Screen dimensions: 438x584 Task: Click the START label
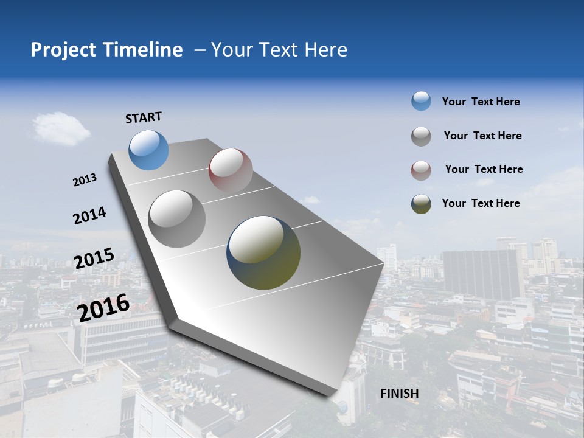(144, 117)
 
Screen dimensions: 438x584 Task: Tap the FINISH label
(399, 394)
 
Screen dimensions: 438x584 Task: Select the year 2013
(85, 179)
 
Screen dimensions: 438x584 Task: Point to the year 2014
(89, 215)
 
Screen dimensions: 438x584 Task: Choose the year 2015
(94, 259)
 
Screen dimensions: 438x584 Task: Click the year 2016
(103, 307)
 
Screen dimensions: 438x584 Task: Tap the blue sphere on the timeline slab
(148, 150)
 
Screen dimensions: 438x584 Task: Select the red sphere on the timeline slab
(231, 170)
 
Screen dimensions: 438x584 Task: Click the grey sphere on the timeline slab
(177, 218)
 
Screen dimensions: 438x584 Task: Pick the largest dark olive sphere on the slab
(263, 252)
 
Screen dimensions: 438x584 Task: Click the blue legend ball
(421, 101)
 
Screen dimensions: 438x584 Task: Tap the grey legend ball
(421, 136)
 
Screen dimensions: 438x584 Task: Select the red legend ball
(421, 170)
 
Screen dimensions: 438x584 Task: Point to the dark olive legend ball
(421, 204)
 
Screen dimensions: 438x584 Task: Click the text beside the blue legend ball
(481, 102)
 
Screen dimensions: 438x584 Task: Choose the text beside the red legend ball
(484, 169)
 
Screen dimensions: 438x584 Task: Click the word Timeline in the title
(144, 50)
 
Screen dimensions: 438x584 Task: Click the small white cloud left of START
(61, 128)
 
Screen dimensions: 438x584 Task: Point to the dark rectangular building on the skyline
(480, 273)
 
